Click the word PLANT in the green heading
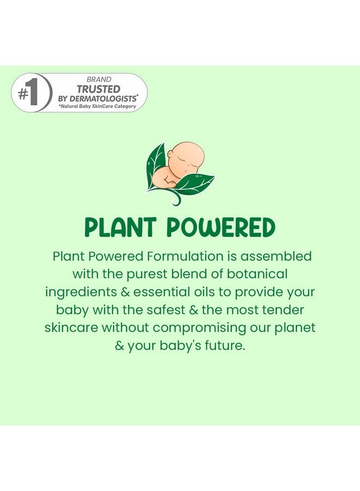pyautogui.click(x=120, y=227)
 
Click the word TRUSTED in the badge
pyautogui.click(x=99, y=89)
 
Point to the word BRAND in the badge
pyautogui.click(x=99, y=80)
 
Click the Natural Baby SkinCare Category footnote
pyautogui.click(x=97, y=106)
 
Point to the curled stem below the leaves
pyautogui.click(x=174, y=198)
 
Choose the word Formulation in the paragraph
pyautogui.click(x=185, y=256)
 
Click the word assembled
pyautogui.click(x=276, y=256)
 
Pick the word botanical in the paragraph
pyautogui.click(x=257, y=274)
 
